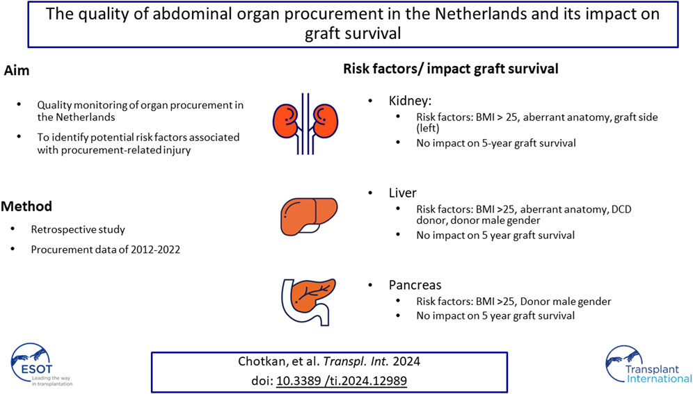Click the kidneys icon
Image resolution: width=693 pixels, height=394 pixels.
pyautogui.click(x=305, y=124)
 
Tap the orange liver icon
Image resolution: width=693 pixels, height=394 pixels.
pyautogui.click(x=309, y=217)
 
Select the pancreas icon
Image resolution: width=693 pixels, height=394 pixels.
pyautogui.click(x=308, y=302)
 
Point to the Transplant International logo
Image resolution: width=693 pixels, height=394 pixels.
pyautogui.click(x=648, y=365)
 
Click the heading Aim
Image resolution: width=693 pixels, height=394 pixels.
pyautogui.click(x=17, y=71)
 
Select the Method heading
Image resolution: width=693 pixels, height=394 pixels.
pyautogui.click(x=26, y=206)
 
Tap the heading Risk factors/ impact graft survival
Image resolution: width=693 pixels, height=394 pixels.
pyautogui.click(x=451, y=69)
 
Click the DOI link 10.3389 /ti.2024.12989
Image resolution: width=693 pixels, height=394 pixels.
pyautogui.click(x=342, y=381)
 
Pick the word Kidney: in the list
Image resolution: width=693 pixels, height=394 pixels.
pyautogui.click(x=410, y=101)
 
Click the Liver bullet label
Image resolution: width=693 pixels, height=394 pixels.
pyautogui.click(x=403, y=192)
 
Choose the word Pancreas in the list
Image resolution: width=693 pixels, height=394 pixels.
pyautogui.click(x=415, y=285)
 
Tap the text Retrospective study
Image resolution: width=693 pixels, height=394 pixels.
pyautogui.click(x=78, y=229)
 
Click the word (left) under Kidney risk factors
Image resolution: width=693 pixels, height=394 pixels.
pyautogui.click(x=428, y=129)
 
